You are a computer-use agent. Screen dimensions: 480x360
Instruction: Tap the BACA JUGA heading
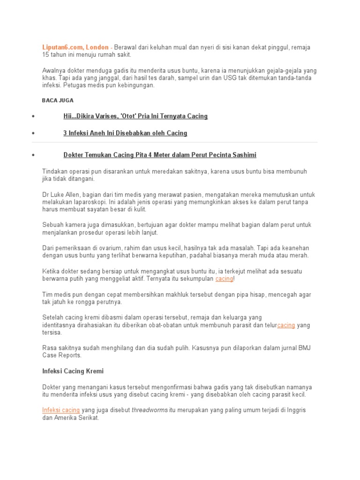[58, 100]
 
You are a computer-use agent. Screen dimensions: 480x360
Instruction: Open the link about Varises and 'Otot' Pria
[135, 116]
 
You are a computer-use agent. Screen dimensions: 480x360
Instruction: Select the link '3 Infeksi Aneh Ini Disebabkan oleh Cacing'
[125, 133]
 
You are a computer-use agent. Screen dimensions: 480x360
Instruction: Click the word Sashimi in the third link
[243, 155]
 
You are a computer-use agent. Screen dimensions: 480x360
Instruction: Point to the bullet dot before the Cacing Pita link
[33, 155]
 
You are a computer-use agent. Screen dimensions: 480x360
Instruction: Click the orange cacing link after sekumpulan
[224, 278]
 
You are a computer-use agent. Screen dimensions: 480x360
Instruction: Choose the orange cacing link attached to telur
[286, 325]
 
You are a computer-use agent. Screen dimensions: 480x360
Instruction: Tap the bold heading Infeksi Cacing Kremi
[73, 371]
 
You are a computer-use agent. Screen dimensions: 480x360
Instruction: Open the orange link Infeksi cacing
[61, 410]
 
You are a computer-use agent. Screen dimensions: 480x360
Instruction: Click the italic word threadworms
[150, 410]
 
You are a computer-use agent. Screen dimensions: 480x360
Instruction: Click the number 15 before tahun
[46, 55]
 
